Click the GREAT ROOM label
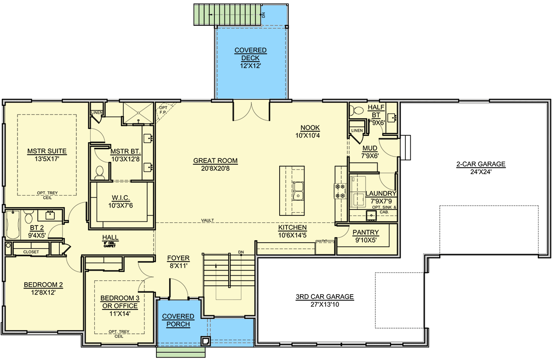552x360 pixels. click(215, 161)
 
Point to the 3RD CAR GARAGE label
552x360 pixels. click(325, 297)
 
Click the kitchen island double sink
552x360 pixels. click(298, 191)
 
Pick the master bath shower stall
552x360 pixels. click(138, 113)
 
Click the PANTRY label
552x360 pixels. click(366, 232)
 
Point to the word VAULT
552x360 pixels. click(207, 221)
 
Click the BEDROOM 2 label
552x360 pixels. click(43, 285)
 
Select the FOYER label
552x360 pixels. click(178, 258)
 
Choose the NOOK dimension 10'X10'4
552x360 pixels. click(310, 135)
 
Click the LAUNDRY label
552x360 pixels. click(380, 194)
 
